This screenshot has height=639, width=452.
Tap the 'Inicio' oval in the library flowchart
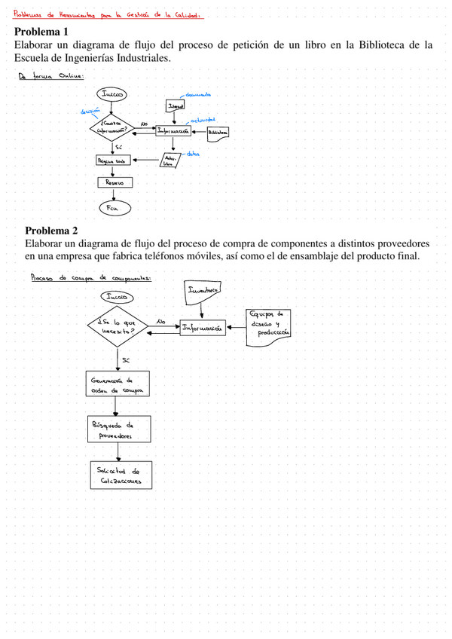[111, 94]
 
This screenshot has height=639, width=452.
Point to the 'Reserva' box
[115, 182]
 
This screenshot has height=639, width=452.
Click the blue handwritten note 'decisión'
[90, 112]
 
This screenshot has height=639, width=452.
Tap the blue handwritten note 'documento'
[197, 95]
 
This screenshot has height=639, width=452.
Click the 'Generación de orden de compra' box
[117, 384]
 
